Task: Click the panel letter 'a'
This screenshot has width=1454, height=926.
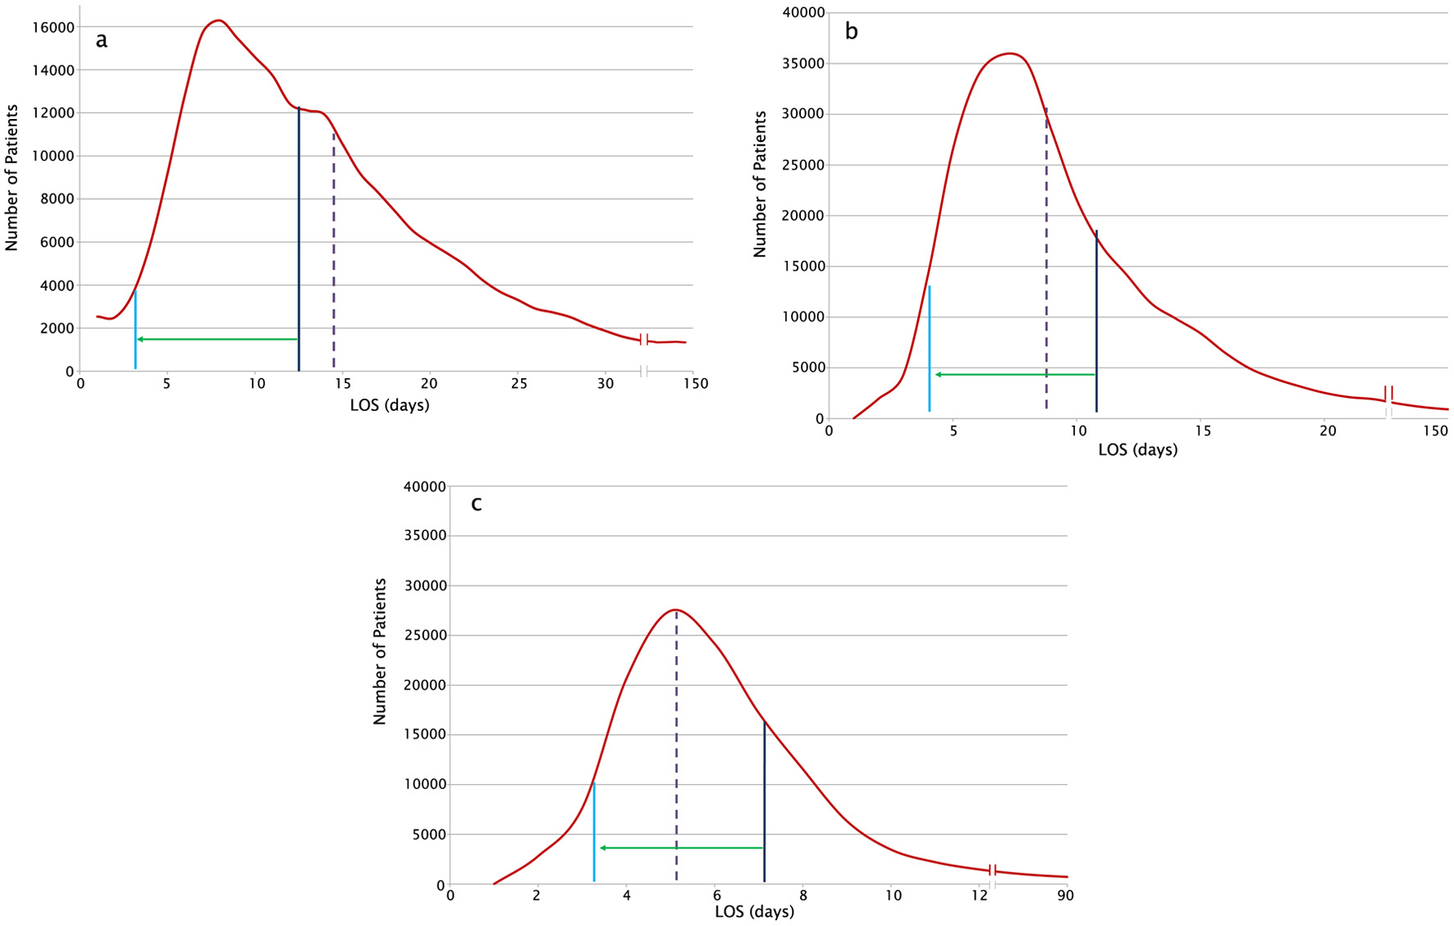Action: pos(101,40)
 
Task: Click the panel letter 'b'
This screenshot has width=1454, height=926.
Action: pos(852,32)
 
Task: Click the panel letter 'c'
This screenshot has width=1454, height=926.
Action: pos(476,504)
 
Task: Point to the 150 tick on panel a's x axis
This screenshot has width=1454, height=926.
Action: pos(695,384)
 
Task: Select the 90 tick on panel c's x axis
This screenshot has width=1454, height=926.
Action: pos(1065,896)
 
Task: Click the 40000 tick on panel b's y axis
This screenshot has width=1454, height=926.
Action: pos(802,12)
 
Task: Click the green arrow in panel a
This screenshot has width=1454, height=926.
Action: pos(217,339)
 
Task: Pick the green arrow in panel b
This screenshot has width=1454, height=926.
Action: pos(1016,375)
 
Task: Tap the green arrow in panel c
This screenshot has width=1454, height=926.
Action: pos(681,848)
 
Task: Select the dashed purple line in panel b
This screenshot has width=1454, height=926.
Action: pos(1046,262)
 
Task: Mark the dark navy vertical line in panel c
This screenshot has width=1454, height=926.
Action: pos(764,804)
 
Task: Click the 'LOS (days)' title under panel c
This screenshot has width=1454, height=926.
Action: pos(754,911)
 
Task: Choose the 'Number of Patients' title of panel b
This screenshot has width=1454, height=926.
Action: pos(760,185)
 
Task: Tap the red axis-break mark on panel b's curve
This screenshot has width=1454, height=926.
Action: pos(1388,394)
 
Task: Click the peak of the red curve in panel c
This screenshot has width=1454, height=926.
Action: pos(675,610)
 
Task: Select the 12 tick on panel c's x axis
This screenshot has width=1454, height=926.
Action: pos(980,896)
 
